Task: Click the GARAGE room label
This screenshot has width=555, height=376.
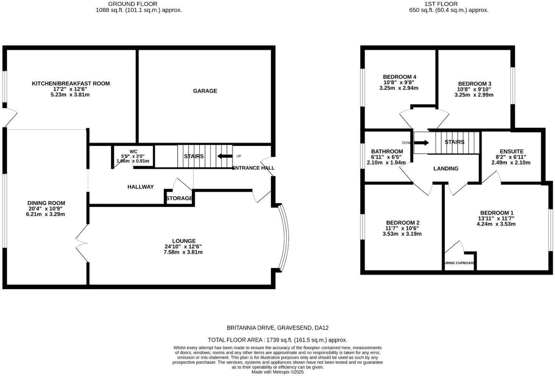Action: (x=205, y=91)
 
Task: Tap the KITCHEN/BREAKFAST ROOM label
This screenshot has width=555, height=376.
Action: (x=71, y=83)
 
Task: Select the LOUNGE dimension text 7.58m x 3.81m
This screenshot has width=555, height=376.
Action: (x=183, y=252)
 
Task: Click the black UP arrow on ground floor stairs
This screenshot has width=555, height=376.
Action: (x=225, y=156)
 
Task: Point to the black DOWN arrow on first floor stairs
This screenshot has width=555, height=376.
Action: (x=422, y=143)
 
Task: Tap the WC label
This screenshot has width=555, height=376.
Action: (x=133, y=152)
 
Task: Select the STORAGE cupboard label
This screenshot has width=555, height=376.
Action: (x=179, y=198)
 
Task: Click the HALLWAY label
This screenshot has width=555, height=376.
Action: (x=141, y=187)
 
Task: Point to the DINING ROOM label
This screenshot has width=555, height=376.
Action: (x=46, y=203)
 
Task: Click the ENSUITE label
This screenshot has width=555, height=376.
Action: (x=511, y=151)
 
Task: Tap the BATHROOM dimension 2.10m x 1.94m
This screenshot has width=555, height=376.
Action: (x=386, y=163)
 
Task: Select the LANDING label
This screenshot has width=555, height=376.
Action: (x=446, y=169)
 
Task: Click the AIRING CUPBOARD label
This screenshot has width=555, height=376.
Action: (x=459, y=263)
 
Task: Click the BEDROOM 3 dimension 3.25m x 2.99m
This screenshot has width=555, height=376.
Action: (x=474, y=95)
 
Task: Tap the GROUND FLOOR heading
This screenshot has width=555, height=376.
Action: (x=133, y=4)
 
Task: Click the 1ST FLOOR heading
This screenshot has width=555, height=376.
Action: (x=441, y=4)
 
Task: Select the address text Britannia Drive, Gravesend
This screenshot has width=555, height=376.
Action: (x=277, y=328)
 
